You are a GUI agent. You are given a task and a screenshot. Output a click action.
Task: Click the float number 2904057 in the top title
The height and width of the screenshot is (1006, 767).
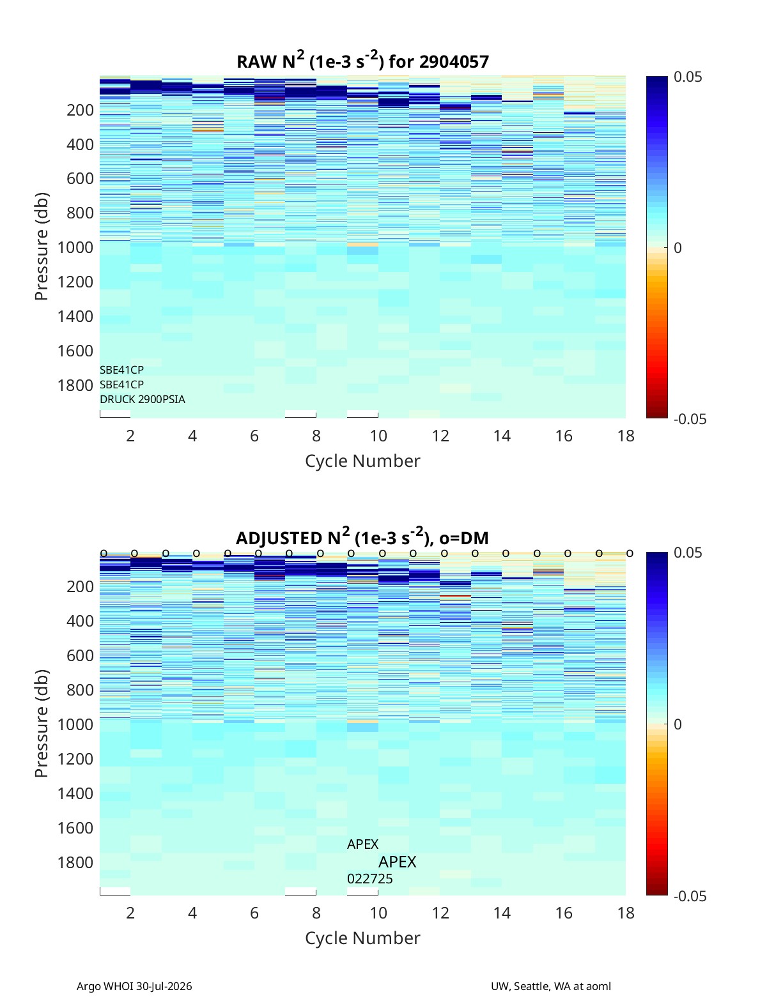(x=454, y=62)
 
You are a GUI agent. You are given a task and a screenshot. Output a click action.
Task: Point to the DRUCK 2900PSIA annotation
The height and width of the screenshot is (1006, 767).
(x=143, y=399)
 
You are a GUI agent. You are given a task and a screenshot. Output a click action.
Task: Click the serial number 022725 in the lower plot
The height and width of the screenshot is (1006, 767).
(x=370, y=879)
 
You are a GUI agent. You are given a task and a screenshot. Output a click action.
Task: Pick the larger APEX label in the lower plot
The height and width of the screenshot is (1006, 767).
(x=398, y=862)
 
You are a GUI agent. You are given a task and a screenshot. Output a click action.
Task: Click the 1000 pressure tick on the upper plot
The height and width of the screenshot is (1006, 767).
(x=75, y=247)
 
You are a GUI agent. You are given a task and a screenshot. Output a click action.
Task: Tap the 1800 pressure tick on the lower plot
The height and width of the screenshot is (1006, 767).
(x=75, y=862)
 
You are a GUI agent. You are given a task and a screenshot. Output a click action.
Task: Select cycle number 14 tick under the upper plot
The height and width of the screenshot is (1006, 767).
(x=502, y=436)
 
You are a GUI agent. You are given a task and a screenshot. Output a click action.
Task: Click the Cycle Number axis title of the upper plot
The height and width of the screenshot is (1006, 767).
(x=362, y=461)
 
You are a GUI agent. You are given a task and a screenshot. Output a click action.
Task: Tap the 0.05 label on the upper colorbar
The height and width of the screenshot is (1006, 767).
(x=688, y=77)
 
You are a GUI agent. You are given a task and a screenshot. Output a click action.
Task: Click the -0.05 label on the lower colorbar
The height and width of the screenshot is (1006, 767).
(x=690, y=896)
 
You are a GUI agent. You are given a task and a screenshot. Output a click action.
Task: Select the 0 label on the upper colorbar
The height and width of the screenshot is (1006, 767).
(x=678, y=248)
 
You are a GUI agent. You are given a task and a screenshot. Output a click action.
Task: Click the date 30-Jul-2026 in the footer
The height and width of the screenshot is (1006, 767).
(x=164, y=986)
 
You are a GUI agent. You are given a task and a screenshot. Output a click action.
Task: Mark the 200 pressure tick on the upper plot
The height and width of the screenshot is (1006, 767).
(x=81, y=110)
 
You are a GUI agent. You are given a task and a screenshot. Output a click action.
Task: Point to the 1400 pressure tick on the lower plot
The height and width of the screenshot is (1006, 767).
(x=75, y=793)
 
